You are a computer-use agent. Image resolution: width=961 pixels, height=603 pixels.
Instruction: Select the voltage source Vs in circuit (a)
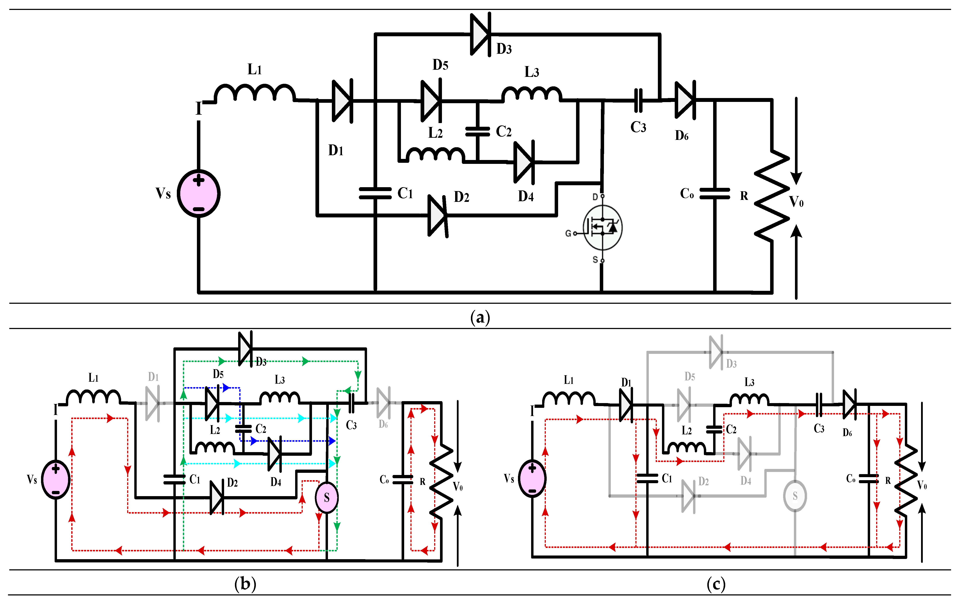pos(198,193)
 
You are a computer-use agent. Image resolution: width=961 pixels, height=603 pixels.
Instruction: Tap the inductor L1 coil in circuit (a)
pos(254,93)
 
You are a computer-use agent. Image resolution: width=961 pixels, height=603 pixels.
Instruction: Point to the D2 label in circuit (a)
pos(461,197)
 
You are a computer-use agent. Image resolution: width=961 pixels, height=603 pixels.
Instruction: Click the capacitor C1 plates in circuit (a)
pos(375,193)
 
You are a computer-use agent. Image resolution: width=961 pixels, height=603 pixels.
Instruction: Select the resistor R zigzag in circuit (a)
pos(772,195)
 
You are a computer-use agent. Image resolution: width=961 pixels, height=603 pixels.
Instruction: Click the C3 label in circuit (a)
pos(638,127)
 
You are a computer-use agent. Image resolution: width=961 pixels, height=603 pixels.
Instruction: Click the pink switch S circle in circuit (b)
pos(327,497)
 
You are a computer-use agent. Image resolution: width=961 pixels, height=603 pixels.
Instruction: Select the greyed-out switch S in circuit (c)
pos(795,496)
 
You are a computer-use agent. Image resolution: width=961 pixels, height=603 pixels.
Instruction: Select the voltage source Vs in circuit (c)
pos(532,479)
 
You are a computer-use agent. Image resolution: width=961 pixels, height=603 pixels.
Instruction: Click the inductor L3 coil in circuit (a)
pos(531,94)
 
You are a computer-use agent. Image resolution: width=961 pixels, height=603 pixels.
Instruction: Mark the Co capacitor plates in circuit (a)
pos(715,194)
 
